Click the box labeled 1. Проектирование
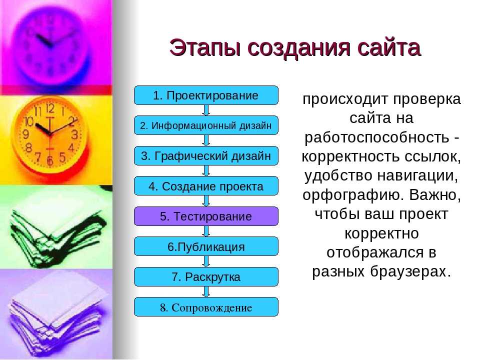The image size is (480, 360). pyautogui.click(x=206, y=95)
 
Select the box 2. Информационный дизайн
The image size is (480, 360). pyautogui.click(x=206, y=125)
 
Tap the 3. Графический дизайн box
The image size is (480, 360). pyautogui.click(x=206, y=156)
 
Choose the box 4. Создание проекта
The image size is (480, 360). pyautogui.click(x=206, y=186)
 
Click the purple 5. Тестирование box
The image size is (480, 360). pyautogui.click(x=206, y=216)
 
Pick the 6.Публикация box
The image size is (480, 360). pyautogui.click(x=206, y=246)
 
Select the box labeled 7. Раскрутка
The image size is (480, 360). pyautogui.click(x=206, y=276)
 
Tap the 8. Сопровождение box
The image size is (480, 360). pyautogui.click(x=206, y=306)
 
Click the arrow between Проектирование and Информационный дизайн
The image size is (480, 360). pyautogui.click(x=206, y=110)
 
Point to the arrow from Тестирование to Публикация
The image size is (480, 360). pyautogui.click(x=206, y=231)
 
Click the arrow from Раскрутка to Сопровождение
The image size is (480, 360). pyautogui.click(x=206, y=291)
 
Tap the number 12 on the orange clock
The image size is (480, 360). pyautogui.click(x=50, y=108)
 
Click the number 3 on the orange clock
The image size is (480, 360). pyautogui.click(x=74, y=134)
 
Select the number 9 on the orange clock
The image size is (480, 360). pyautogui.click(x=25, y=134)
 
